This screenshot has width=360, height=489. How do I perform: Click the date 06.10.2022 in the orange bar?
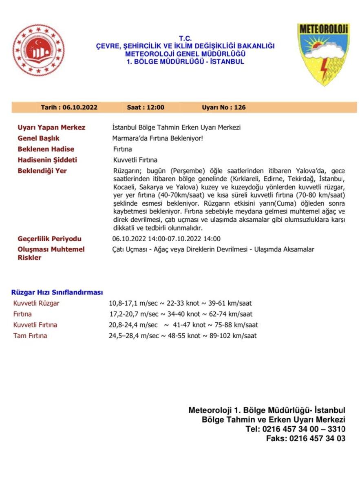pyautogui.click(x=80, y=108)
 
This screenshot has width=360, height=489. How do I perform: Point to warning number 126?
pyautogui.click(x=240, y=108)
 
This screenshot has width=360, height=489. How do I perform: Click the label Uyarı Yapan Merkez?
pyautogui.click(x=51, y=128)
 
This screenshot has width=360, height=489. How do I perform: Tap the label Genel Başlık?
pyautogui.click(x=38, y=139)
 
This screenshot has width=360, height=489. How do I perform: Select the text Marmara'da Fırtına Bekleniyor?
pyautogui.click(x=157, y=139)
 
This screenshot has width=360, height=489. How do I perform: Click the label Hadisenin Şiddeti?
pyautogui.click(x=47, y=160)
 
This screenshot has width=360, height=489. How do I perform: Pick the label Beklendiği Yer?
pyautogui.click(x=42, y=171)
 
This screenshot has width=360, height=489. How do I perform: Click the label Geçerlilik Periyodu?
pyautogui.click(x=49, y=239)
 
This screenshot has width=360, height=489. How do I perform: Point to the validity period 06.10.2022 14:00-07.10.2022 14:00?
pyautogui.click(x=166, y=239)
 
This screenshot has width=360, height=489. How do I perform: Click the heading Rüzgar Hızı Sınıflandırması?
pyautogui.click(x=57, y=293)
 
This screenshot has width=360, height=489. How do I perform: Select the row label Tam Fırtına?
pyautogui.click(x=30, y=336)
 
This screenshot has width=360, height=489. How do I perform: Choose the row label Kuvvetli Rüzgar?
pyautogui.click(x=36, y=303)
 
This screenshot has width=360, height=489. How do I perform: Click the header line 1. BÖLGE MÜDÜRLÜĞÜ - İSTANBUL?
pyautogui.click(x=185, y=62)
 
